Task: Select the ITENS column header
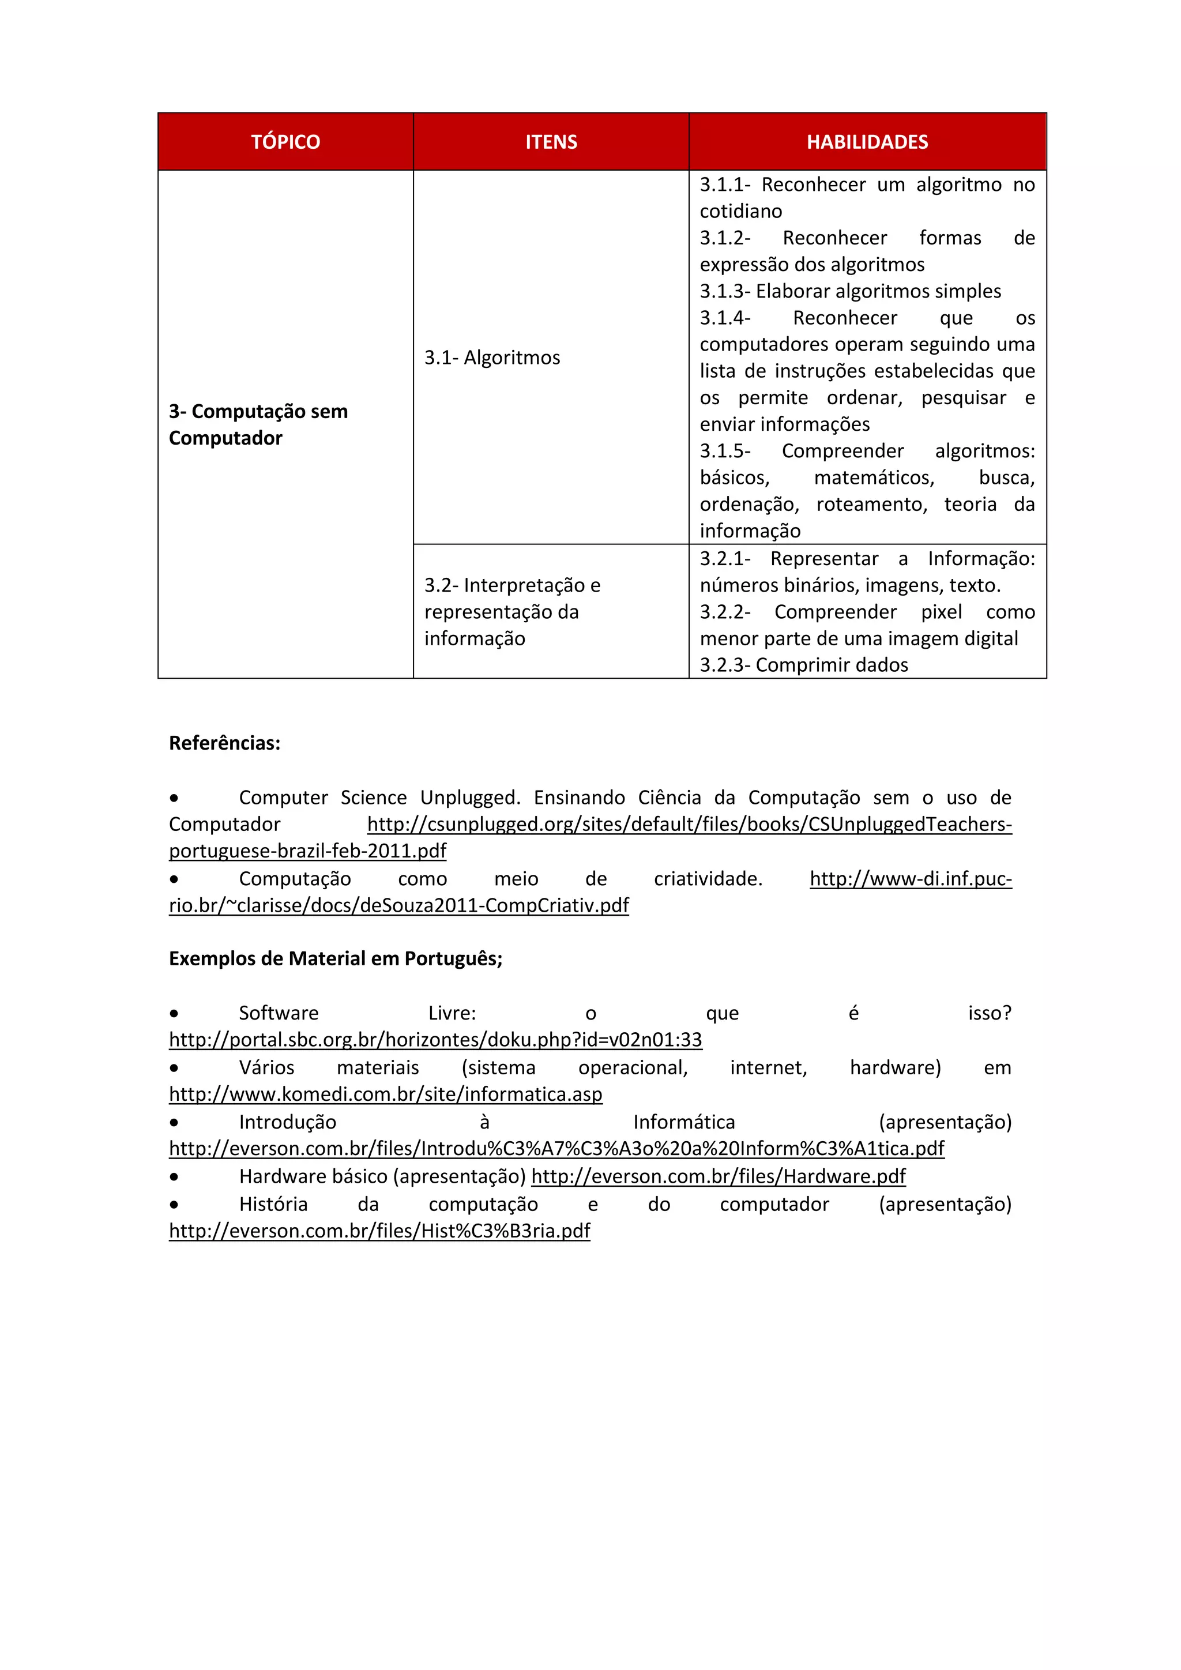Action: [x=551, y=142]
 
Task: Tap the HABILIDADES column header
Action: [x=867, y=142]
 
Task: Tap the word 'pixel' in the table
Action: [x=941, y=612]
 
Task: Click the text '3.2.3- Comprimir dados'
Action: [x=803, y=665]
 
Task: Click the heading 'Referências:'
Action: [x=224, y=743]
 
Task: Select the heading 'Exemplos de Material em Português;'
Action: [x=335, y=958]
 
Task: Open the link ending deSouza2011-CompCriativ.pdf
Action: [x=398, y=905]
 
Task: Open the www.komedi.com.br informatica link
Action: [x=385, y=1094]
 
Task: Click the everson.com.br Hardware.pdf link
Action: [x=718, y=1176]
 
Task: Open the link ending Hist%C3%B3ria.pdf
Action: [x=379, y=1231]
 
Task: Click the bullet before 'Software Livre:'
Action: [x=174, y=1013]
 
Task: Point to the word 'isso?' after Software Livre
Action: [x=989, y=1013]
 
